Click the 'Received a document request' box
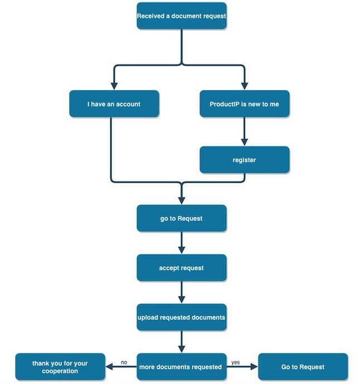pos(182,16)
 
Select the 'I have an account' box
pos(114,104)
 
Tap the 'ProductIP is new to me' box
pos(244,104)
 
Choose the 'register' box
pos(244,160)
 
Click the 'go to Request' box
pos(182,218)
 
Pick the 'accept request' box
pos(182,268)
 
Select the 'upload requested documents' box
pos(182,317)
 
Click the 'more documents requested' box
pos(182,367)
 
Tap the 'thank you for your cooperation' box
pos(60,367)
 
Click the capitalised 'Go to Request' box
pos(303,367)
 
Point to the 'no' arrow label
pos(124,362)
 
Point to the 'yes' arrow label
pos(235,362)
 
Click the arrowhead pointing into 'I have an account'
pos(114,85)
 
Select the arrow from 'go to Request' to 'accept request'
pos(182,243)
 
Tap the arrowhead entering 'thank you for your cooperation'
pos(109,367)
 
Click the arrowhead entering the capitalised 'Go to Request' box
pos(254,367)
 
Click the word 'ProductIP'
pos(222,104)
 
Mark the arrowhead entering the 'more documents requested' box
pos(182,348)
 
